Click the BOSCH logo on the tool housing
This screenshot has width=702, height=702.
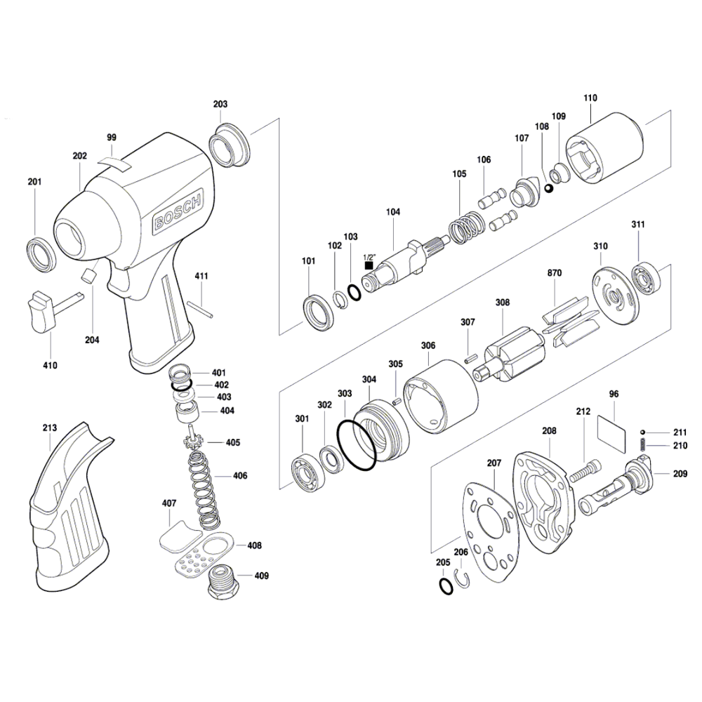178,209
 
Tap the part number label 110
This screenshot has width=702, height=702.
590,98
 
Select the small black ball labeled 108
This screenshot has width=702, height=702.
550,189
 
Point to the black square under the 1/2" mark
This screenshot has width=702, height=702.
369,265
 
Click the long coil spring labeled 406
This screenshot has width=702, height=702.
204,489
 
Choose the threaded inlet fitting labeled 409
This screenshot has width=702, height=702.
222,582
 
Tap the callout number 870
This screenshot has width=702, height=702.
554,272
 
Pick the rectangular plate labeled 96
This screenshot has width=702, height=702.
611,431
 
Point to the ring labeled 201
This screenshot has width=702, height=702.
41,256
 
